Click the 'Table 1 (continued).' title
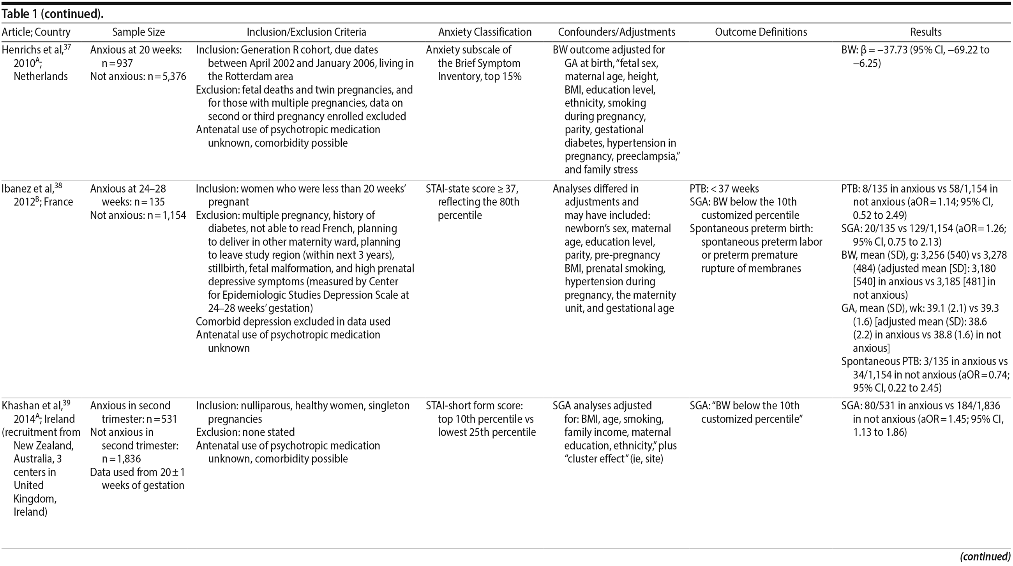pyautogui.click(x=53, y=14)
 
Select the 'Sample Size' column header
pyautogui.click(x=138, y=32)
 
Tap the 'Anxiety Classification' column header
pyautogui.click(x=484, y=32)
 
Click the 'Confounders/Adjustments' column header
pyautogui.click(x=616, y=32)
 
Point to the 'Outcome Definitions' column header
pyautogui.click(x=761, y=32)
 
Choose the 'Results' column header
pyautogui.click(x=926, y=32)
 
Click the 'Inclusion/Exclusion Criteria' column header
pyautogui.click(x=306, y=32)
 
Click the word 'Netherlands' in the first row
pyautogui.click(x=41, y=76)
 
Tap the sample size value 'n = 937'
pyautogui.click(x=117, y=63)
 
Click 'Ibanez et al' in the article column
pyautogui.click(x=27, y=189)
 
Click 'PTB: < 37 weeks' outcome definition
pyautogui.click(x=724, y=189)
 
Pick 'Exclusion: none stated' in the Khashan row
pyautogui.click(x=245, y=432)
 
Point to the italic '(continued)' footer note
pyautogui.click(x=985, y=557)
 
